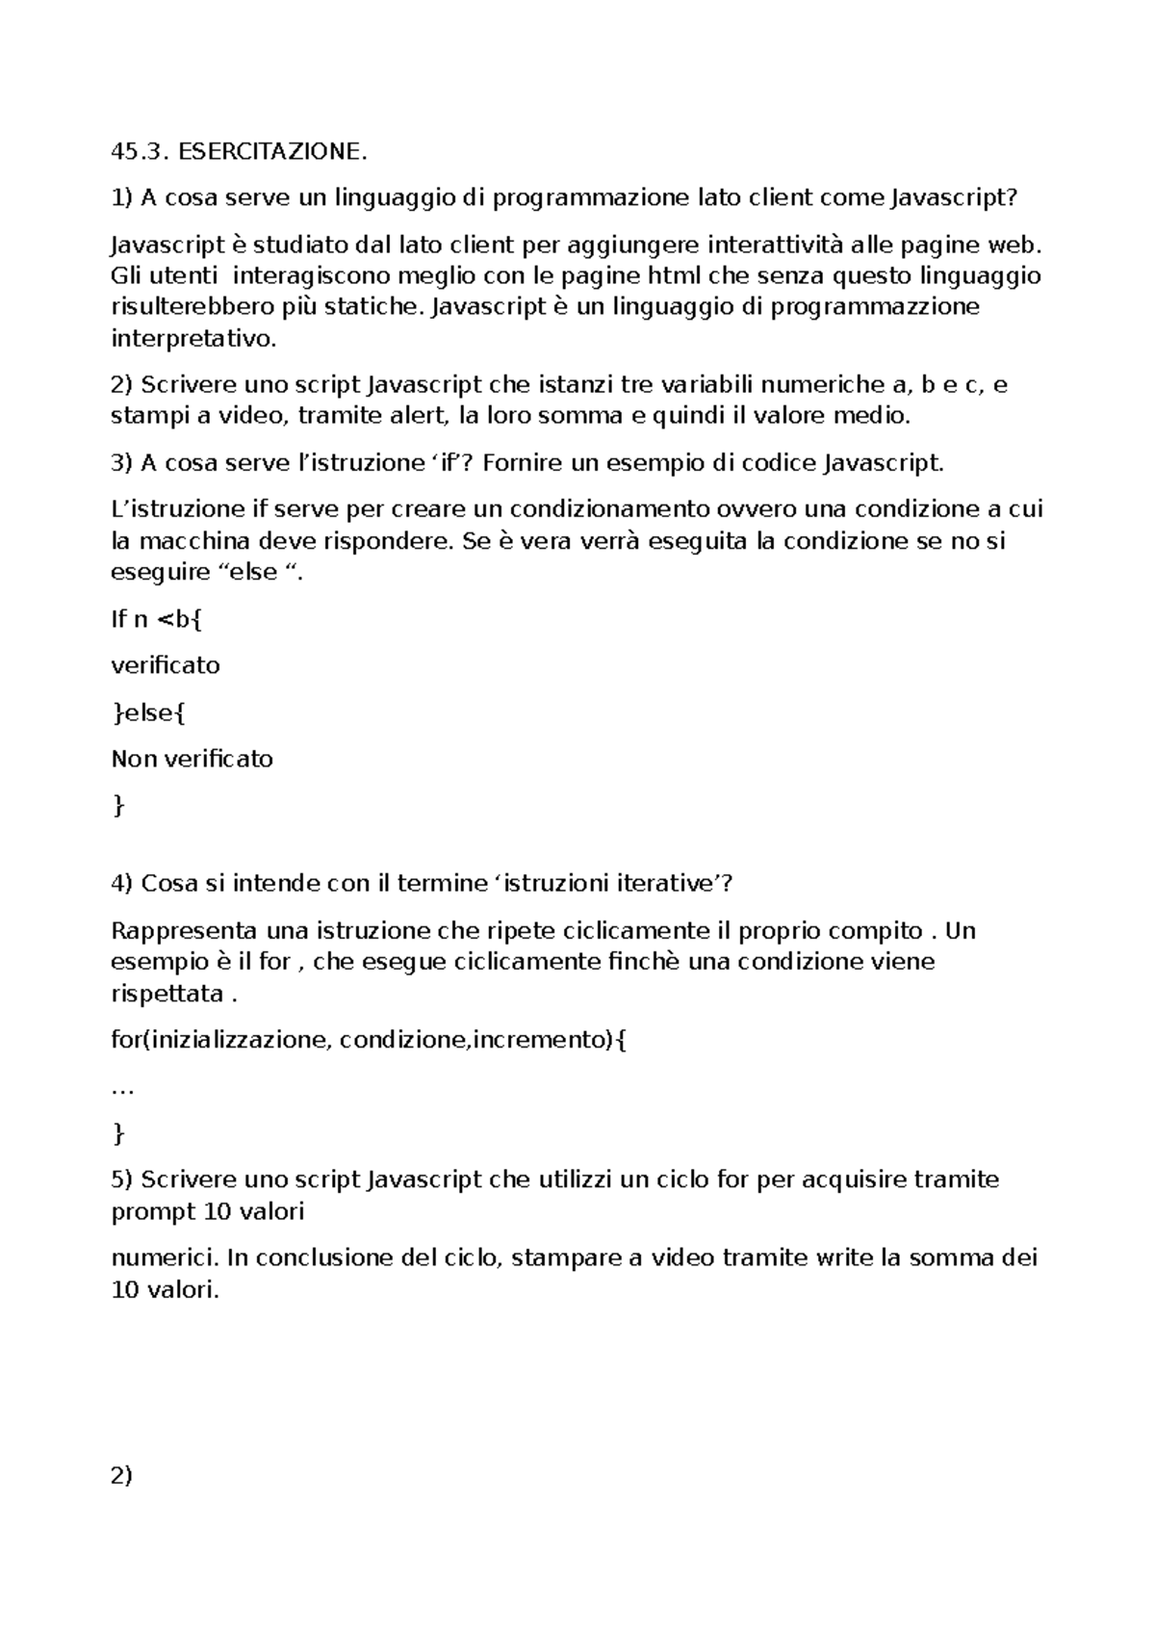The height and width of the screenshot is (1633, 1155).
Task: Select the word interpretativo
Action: pos(193,339)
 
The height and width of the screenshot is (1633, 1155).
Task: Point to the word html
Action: pos(673,276)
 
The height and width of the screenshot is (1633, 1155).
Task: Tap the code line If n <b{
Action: pos(157,619)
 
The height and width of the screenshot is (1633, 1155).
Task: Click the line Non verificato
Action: pos(192,760)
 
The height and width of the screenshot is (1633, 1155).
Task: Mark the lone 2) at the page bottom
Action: pos(121,1476)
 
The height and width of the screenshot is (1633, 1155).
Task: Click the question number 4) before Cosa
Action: pos(121,884)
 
